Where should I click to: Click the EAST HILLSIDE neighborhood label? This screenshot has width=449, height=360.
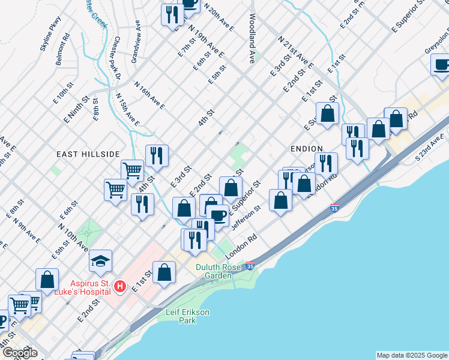pyautogui.click(x=88, y=154)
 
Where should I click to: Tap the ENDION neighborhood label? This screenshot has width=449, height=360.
pyautogui.click(x=306, y=148)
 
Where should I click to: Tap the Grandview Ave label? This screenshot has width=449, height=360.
pyautogui.click(x=136, y=42)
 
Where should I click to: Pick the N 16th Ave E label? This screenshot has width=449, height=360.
pyautogui.click(x=149, y=95)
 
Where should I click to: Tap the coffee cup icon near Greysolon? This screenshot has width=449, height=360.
pyautogui.click(x=441, y=64)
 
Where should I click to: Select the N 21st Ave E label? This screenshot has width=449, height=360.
pyautogui.click(x=297, y=52)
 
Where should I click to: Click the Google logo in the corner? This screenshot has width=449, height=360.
pyautogui.click(x=19, y=353)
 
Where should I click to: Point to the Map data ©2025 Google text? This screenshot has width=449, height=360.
pyautogui.click(x=411, y=355)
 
